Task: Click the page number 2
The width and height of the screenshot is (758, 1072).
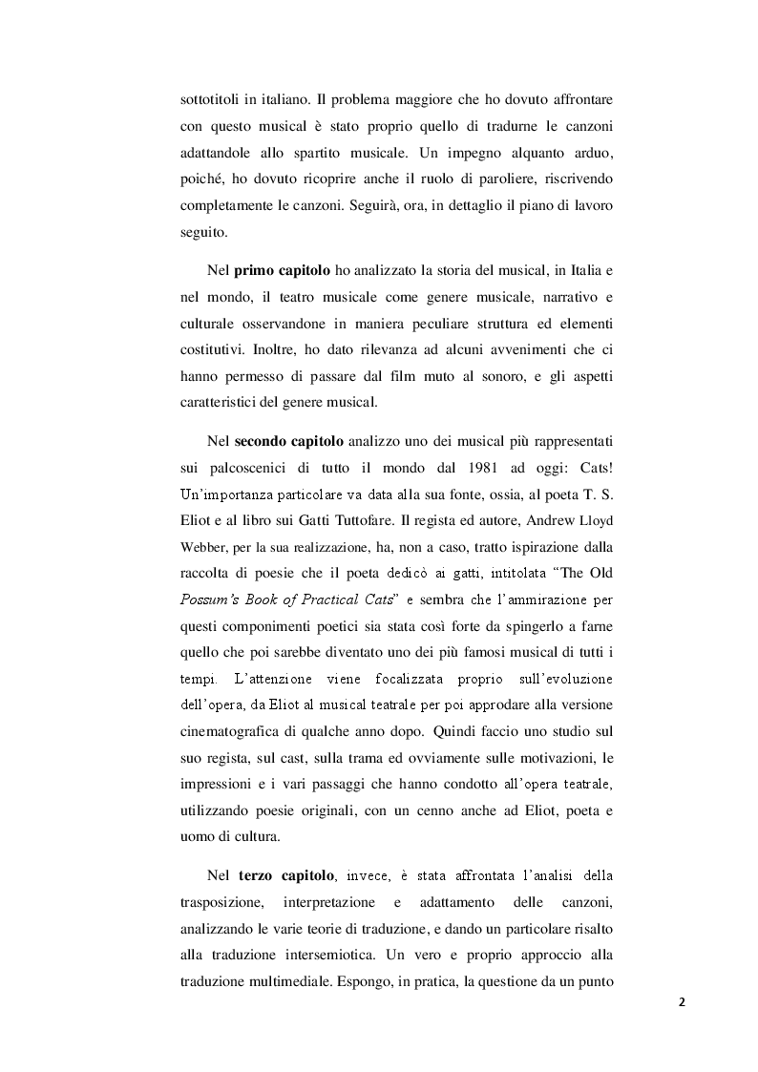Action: pyautogui.click(x=682, y=1002)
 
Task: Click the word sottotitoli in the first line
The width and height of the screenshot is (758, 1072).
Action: pyautogui.click(x=208, y=100)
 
